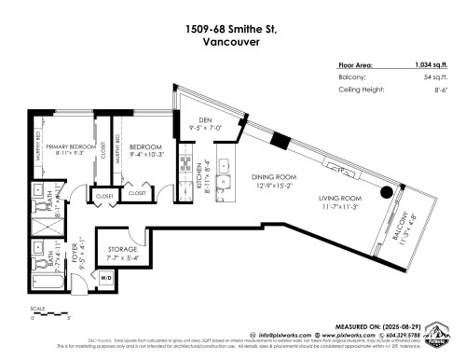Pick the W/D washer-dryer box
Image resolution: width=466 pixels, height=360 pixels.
(x=105, y=277)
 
